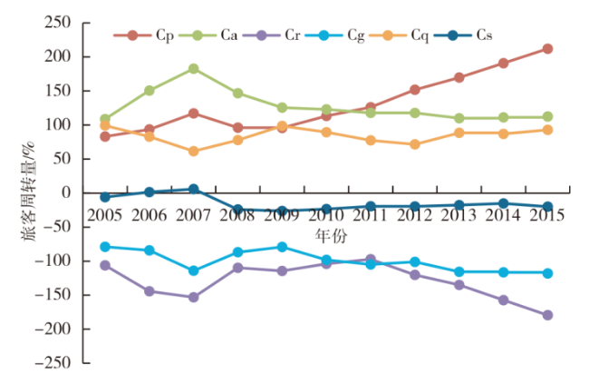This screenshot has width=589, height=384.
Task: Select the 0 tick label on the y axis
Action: click(x=69, y=193)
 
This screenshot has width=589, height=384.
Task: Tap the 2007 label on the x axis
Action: click(x=194, y=214)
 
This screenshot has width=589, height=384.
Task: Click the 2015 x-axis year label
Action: click(x=547, y=214)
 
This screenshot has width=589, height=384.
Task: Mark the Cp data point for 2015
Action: click(x=547, y=48)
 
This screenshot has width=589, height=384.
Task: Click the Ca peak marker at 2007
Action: click(x=194, y=68)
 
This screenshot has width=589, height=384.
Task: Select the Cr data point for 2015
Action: click(x=547, y=315)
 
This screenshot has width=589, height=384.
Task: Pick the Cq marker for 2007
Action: click(x=194, y=151)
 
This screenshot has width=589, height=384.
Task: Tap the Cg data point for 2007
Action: click(x=194, y=271)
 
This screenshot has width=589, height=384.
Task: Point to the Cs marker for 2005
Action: click(x=105, y=196)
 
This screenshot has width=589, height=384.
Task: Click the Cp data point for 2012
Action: click(x=415, y=90)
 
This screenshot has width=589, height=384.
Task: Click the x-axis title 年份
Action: click(x=327, y=235)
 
